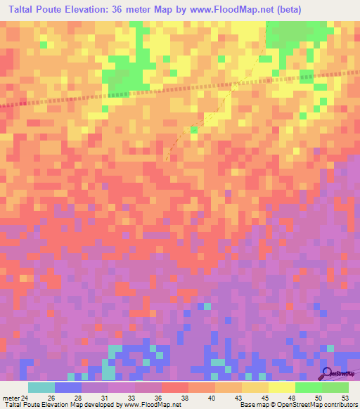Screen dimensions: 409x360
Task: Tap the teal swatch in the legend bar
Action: coord(41,387)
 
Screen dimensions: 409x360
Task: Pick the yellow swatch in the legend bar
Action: coord(281,387)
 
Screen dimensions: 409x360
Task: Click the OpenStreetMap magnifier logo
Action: coord(328,373)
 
